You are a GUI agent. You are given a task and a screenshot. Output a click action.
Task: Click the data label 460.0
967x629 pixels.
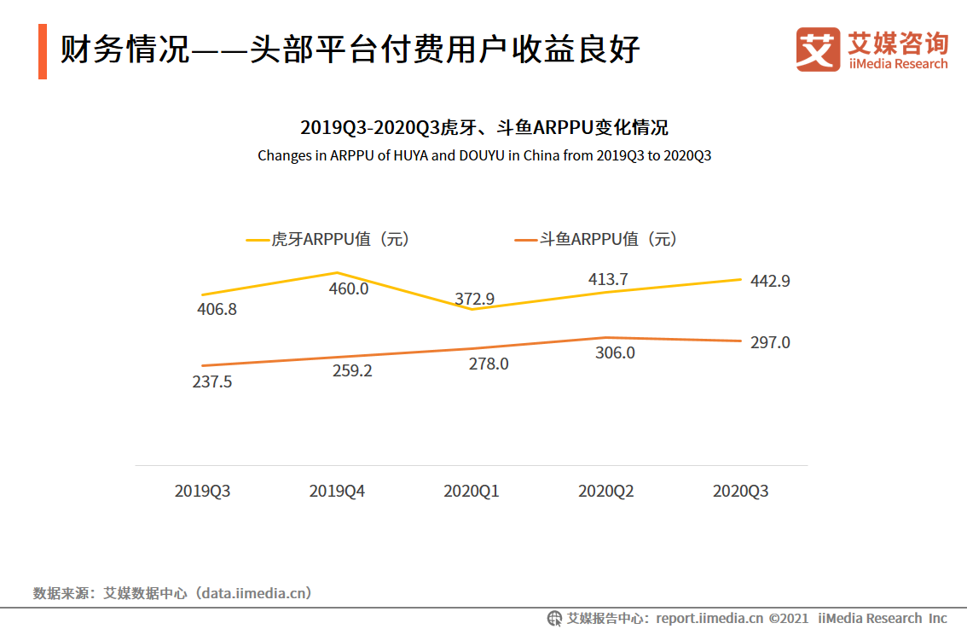point(348,288)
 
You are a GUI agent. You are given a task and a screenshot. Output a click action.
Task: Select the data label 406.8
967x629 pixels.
point(217,310)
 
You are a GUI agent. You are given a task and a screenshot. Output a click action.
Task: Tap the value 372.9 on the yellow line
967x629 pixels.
point(475,298)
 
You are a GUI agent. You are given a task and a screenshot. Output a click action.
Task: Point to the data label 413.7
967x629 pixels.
point(608,279)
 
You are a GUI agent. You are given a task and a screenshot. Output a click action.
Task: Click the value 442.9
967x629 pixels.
point(770,281)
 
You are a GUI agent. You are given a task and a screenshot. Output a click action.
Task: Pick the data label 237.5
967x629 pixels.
point(212,381)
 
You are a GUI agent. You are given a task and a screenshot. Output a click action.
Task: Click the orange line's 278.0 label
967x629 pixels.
point(489,364)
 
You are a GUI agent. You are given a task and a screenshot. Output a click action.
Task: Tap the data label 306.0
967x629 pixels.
point(614,352)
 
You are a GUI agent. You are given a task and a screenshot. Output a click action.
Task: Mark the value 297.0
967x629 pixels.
point(770,342)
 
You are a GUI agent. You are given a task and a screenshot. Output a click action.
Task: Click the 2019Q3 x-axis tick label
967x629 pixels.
point(202,492)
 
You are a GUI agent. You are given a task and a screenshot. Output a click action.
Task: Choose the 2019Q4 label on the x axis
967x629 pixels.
point(337,492)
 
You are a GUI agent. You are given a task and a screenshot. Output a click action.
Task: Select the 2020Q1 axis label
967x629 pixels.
point(472,492)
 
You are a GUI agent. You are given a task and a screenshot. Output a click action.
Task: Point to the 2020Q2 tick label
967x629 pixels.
point(606,492)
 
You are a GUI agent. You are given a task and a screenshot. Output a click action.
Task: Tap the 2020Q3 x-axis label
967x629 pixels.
point(740,492)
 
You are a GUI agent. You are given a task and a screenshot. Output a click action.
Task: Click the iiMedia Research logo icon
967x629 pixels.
point(818,50)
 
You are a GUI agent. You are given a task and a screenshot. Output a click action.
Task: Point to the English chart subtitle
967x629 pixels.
point(484,156)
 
